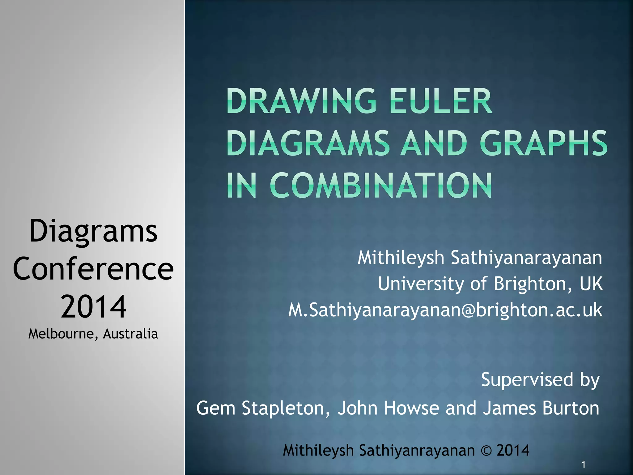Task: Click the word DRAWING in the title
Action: click(x=301, y=101)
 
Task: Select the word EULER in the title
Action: click(x=441, y=101)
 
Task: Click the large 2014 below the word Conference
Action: click(x=93, y=306)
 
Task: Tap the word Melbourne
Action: click(x=61, y=334)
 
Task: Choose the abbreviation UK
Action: click(x=591, y=284)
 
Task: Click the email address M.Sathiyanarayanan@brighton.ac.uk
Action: click(x=445, y=310)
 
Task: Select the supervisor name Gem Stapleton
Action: click(x=263, y=408)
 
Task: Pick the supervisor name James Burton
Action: click(x=541, y=408)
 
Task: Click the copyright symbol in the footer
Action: click(x=486, y=451)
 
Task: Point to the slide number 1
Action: click(x=583, y=464)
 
